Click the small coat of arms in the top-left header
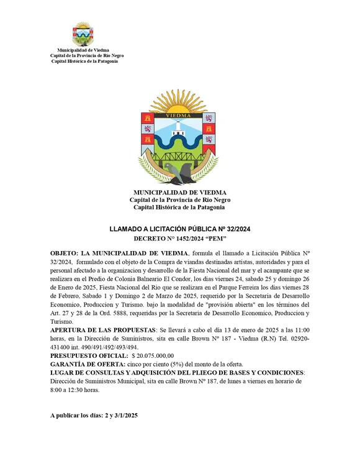coord(83,35)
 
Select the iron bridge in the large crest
coord(179,155)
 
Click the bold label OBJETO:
coord(65,254)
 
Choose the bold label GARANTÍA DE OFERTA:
coord(86,363)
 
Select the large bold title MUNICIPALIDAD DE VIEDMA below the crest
coord(179,193)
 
